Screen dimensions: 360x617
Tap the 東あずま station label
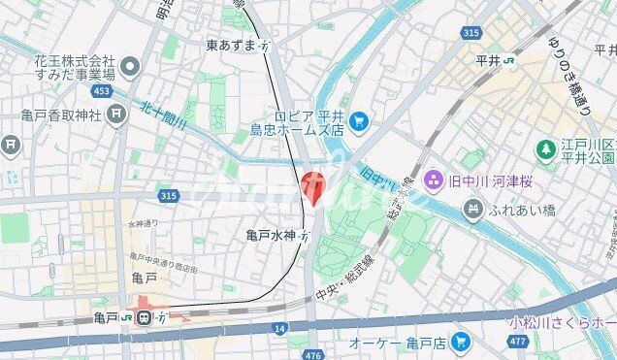coord(231,46)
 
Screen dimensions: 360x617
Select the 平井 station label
coord(488,60)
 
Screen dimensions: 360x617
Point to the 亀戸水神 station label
coord(271,234)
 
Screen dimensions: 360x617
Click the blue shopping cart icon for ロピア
coord(359,121)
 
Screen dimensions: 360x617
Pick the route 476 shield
coord(311,355)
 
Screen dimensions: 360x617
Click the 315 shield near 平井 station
coord(472,33)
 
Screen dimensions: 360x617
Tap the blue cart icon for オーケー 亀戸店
coord(460,343)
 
